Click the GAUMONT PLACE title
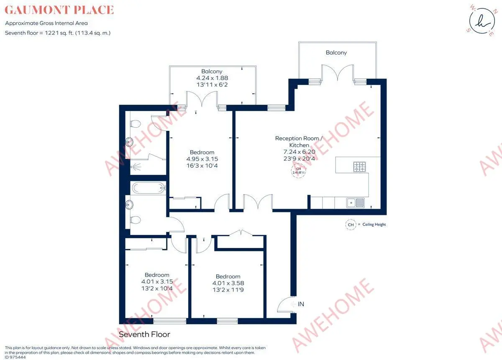pyautogui.click(x=59, y=10)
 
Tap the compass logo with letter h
pyautogui.click(x=482, y=21)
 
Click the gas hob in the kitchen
pyautogui.click(x=359, y=167)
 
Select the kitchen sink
pyautogui.click(x=356, y=203)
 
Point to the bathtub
pyautogui.click(x=149, y=188)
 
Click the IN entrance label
pyautogui.click(x=301, y=304)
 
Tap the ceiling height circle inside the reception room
pyautogui.click(x=299, y=171)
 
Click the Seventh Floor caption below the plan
pyautogui.click(x=144, y=334)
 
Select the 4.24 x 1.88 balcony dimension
pyautogui.click(x=212, y=78)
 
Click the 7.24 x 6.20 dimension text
pyautogui.click(x=299, y=152)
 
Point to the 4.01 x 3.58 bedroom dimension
pyautogui.click(x=228, y=283)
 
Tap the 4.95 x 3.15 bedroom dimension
pyautogui.click(x=202, y=159)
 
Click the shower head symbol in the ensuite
pyautogui.click(x=136, y=166)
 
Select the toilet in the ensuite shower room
pyautogui.click(x=136, y=124)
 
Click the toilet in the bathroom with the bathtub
pyautogui.click(x=136, y=220)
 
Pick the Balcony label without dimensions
pyautogui.click(x=336, y=53)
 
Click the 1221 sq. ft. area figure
pyautogui.click(x=59, y=33)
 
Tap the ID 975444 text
pyautogui.click(x=15, y=357)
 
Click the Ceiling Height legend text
pyautogui.click(x=374, y=225)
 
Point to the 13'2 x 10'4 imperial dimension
pyautogui.click(x=157, y=289)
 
